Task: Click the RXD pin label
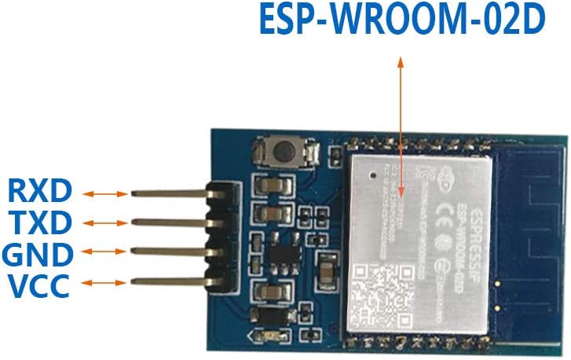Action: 40,191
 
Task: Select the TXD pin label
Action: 40,222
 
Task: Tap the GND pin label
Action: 39,254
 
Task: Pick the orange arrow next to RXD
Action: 105,193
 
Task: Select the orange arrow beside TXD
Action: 105,223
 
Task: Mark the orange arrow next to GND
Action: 105,252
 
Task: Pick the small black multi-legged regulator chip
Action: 280,255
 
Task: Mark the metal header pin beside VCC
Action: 169,280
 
